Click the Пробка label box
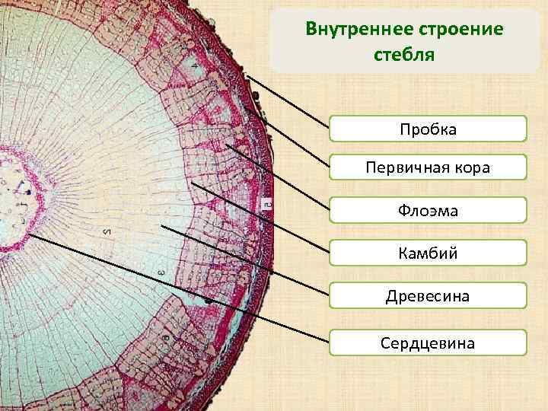[x=428, y=129]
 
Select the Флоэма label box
[x=428, y=210]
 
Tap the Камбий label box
[x=428, y=253]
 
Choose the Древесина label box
[x=428, y=295]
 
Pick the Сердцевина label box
[x=428, y=342]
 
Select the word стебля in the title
[x=403, y=55]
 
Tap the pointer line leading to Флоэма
[x=278, y=177]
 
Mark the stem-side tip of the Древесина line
[x=161, y=225]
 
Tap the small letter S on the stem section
[x=107, y=231]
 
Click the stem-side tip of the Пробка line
[x=248, y=75]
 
